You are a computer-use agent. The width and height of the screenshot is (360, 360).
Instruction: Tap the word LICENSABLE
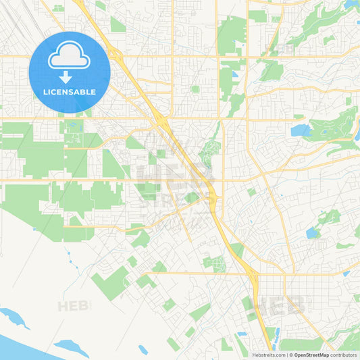click(70, 92)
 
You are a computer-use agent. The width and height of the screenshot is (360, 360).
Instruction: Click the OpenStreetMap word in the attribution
click(316, 355)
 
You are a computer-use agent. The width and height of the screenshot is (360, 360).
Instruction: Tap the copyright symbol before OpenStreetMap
click(291, 355)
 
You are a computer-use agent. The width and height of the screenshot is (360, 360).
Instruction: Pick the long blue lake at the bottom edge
click(71, 349)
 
